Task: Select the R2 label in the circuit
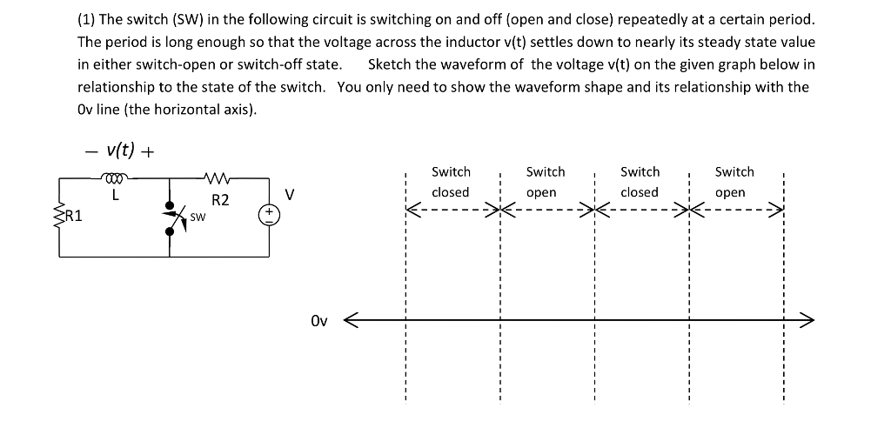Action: click(x=220, y=200)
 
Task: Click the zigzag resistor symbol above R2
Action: click(x=216, y=179)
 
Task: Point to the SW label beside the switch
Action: click(x=198, y=217)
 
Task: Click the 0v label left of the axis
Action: click(x=318, y=321)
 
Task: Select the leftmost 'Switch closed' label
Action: click(x=451, y=182)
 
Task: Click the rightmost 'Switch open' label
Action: click(x=734, y=182)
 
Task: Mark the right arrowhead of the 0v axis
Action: click(x=806, y=321)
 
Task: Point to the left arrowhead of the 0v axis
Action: click(x=353, y=321)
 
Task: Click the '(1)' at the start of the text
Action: click(x=87, y=19)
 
